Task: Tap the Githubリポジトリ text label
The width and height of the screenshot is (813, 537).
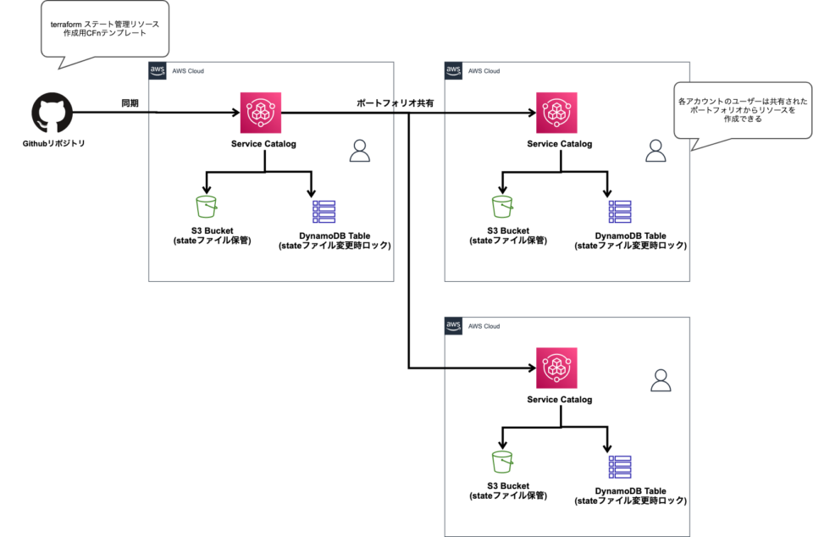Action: [x=53, y=144]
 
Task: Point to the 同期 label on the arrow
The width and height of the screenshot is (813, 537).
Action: [x=130, y=103]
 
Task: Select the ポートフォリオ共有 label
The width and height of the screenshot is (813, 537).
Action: [x=395, y=102]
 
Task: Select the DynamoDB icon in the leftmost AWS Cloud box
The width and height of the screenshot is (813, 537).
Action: [x=324, y=212]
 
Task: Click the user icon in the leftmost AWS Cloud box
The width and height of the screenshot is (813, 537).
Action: [x=360, y=151]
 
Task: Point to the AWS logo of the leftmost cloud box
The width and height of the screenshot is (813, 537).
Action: [x=158, y=71]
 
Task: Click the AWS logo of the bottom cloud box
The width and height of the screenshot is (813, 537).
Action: [x=454, y=326]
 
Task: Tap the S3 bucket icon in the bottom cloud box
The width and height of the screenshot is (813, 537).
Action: [x=503, y=462]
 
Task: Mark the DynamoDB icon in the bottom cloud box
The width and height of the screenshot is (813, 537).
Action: [x=620, y=466]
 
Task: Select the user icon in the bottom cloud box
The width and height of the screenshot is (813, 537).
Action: [x=661, y=380]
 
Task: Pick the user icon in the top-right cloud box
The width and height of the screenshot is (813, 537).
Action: [x=656, y=151]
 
